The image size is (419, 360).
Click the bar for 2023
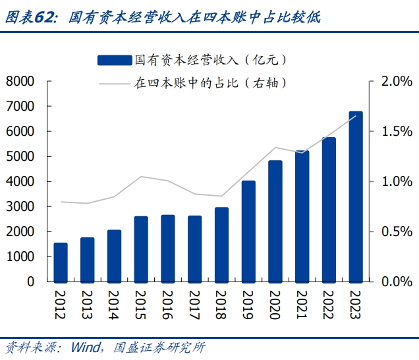356,196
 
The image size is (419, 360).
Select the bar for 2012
61,262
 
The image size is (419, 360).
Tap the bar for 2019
248,231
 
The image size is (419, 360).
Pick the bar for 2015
141,249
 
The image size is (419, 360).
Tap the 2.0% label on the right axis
396,81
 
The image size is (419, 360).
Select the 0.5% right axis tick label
396,231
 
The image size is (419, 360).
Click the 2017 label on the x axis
195,304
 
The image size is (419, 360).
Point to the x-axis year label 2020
275,304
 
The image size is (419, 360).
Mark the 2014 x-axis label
115,304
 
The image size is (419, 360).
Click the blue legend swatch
114,61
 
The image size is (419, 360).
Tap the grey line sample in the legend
114,84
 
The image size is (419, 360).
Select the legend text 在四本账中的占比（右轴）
211,84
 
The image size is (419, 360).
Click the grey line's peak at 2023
356,116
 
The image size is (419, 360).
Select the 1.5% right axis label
396,131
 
